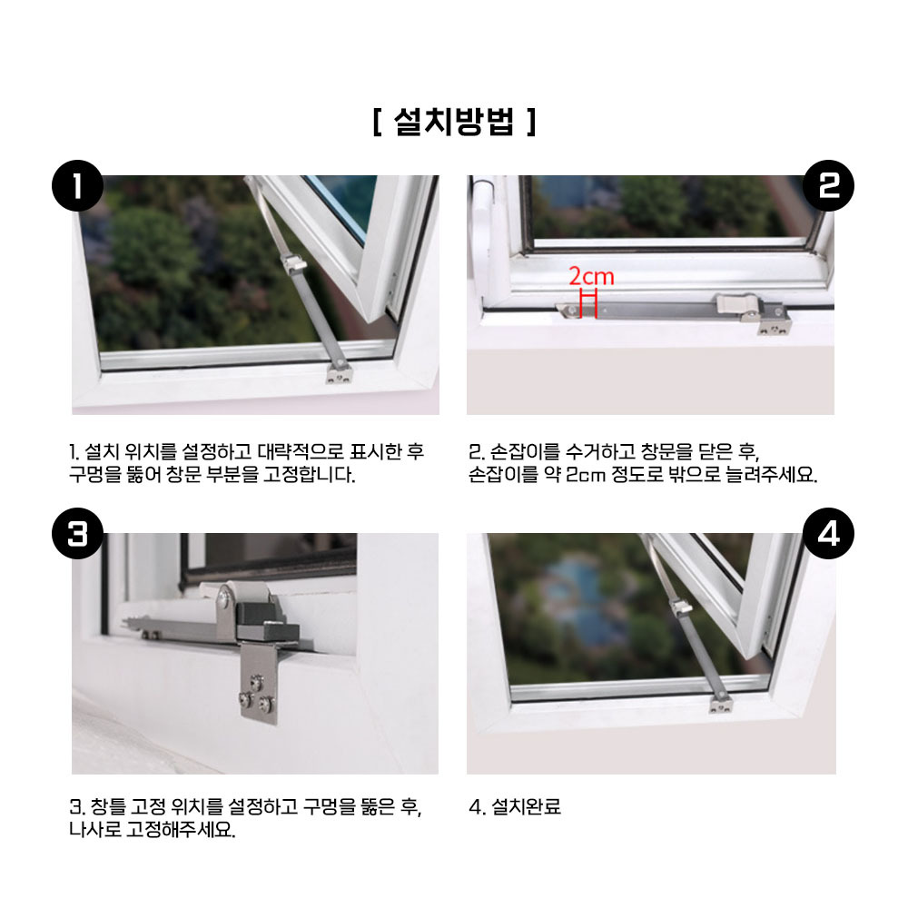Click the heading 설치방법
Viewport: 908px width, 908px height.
(x=454, y=122)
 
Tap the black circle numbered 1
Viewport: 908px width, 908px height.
(x=77, y=185)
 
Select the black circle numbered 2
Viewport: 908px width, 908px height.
(x=828, y=185)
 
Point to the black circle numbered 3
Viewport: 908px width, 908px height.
(x=77, y=533)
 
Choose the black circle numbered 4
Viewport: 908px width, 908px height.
(x=828, y=533)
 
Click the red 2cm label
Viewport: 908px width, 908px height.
(x=591, y=276)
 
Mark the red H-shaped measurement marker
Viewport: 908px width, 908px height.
(x=588, y=303)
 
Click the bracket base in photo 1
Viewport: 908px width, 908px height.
(x=338, y=373)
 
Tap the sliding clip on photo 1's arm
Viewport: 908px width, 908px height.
(x=294, y=263)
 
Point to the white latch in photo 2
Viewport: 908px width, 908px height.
(x=737, y=304)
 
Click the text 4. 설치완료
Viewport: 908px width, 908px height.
(x=515, y=806)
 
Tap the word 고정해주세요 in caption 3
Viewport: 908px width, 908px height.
(x=182, y=830)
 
